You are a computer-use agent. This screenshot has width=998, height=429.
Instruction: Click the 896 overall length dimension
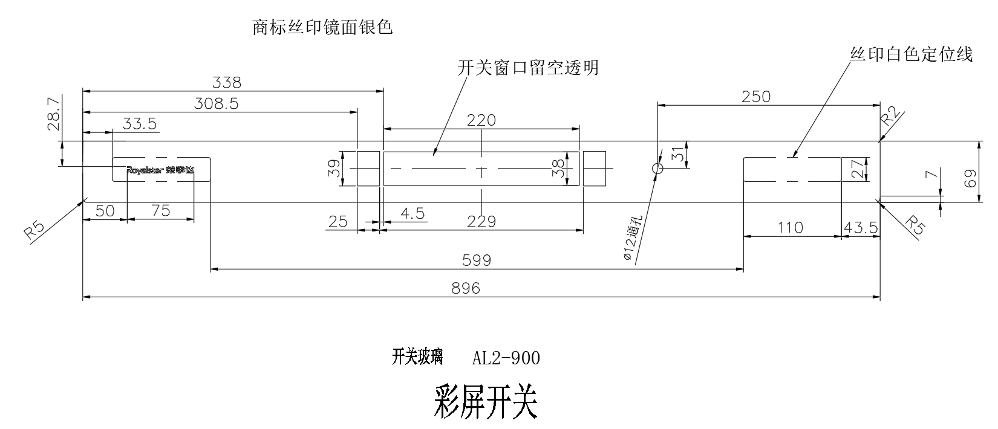(466, 288)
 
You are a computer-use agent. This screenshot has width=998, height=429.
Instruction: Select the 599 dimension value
(477, 260)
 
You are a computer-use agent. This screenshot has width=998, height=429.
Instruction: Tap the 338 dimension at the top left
(227, 82)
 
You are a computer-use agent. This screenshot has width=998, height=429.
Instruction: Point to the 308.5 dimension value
(216, 103)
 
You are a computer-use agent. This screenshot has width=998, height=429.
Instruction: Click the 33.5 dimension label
(140, 124)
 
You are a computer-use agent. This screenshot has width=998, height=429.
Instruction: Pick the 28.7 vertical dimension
(53, 113)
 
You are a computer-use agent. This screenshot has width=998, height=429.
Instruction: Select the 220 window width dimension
(481, 120)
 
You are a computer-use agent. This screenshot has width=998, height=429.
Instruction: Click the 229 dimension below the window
(482, 222)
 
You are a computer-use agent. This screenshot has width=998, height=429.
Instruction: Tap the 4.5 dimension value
(411, 213)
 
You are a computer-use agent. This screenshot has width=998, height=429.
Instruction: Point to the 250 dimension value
(756, 97)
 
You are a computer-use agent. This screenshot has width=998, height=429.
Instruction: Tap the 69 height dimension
(970, 178)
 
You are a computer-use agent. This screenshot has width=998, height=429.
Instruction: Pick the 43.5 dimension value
(861, 228)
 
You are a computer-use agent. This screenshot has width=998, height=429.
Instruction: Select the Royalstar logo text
(161, 170)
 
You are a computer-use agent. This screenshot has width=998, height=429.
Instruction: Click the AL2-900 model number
(506, 359)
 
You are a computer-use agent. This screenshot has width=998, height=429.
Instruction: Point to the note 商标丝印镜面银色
(322, 28)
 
